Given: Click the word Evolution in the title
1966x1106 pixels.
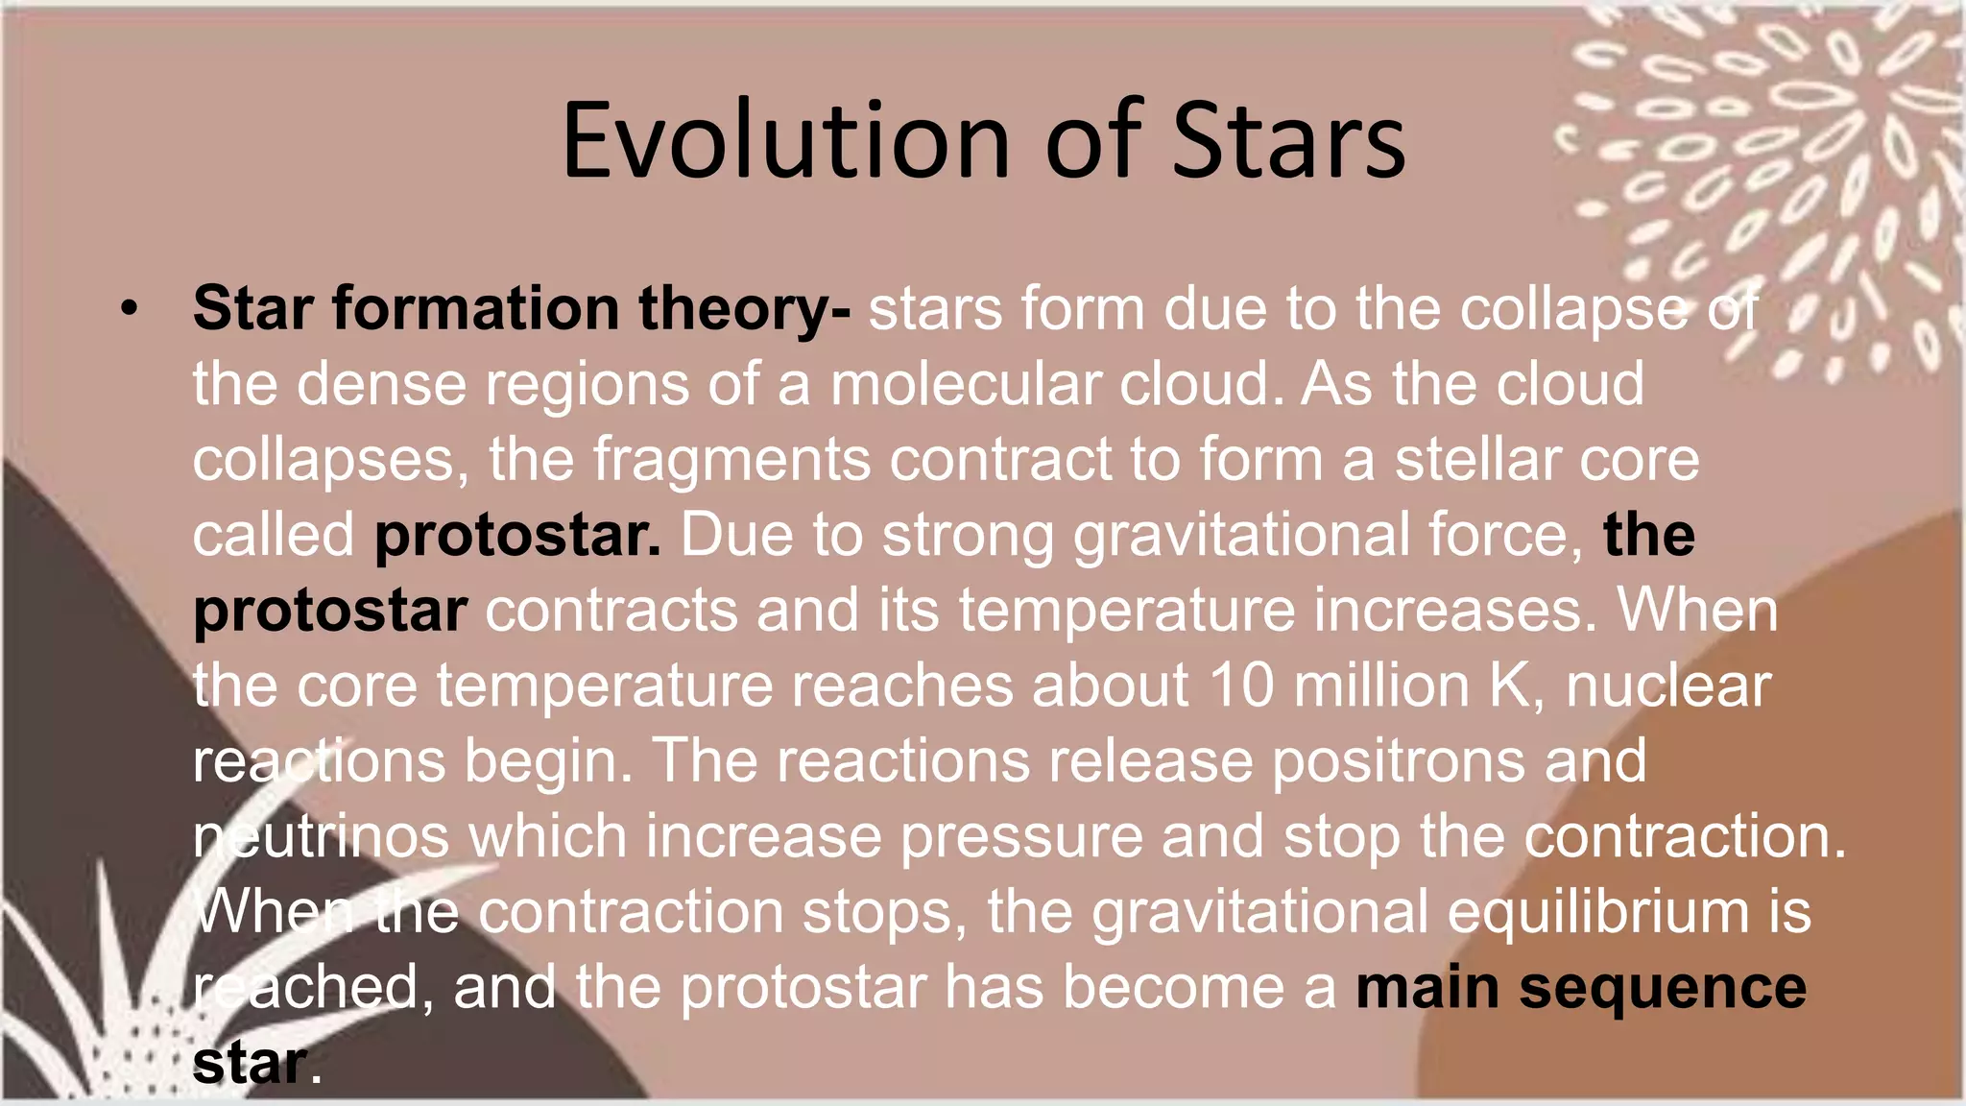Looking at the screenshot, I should tap(785, 141).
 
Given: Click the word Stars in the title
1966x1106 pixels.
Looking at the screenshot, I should tap(1288, 141).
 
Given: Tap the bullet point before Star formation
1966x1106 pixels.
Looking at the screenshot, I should tap(131, 309).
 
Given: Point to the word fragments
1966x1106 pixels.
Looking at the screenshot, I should tap(731, 460).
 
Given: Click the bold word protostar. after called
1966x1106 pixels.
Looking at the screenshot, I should tap(517, 536).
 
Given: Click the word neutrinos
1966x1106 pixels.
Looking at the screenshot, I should tap(321, 836).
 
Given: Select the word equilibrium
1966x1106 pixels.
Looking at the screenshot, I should tap(1597, 911).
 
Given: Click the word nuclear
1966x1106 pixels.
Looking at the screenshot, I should tap(1668, 685).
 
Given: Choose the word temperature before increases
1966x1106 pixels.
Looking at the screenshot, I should tap(1127, 611).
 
